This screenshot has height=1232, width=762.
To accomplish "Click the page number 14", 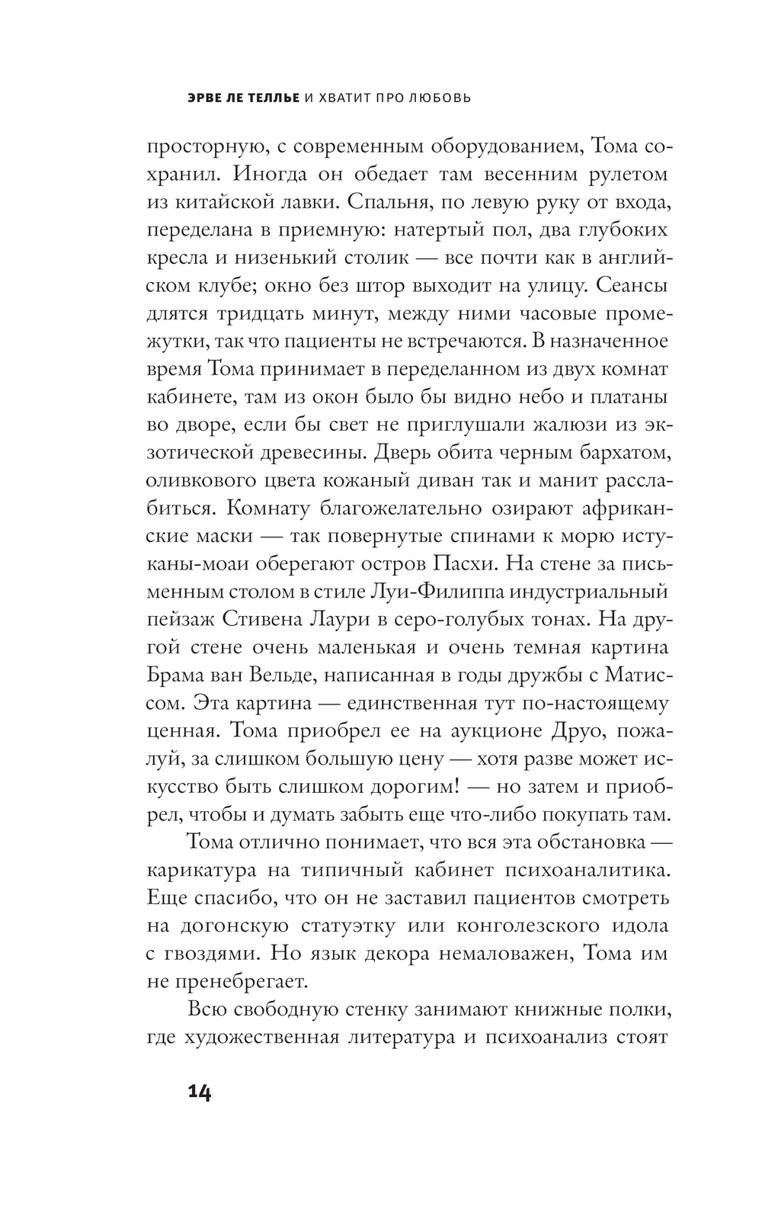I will pyautogui.click(x=199, y=1092).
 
